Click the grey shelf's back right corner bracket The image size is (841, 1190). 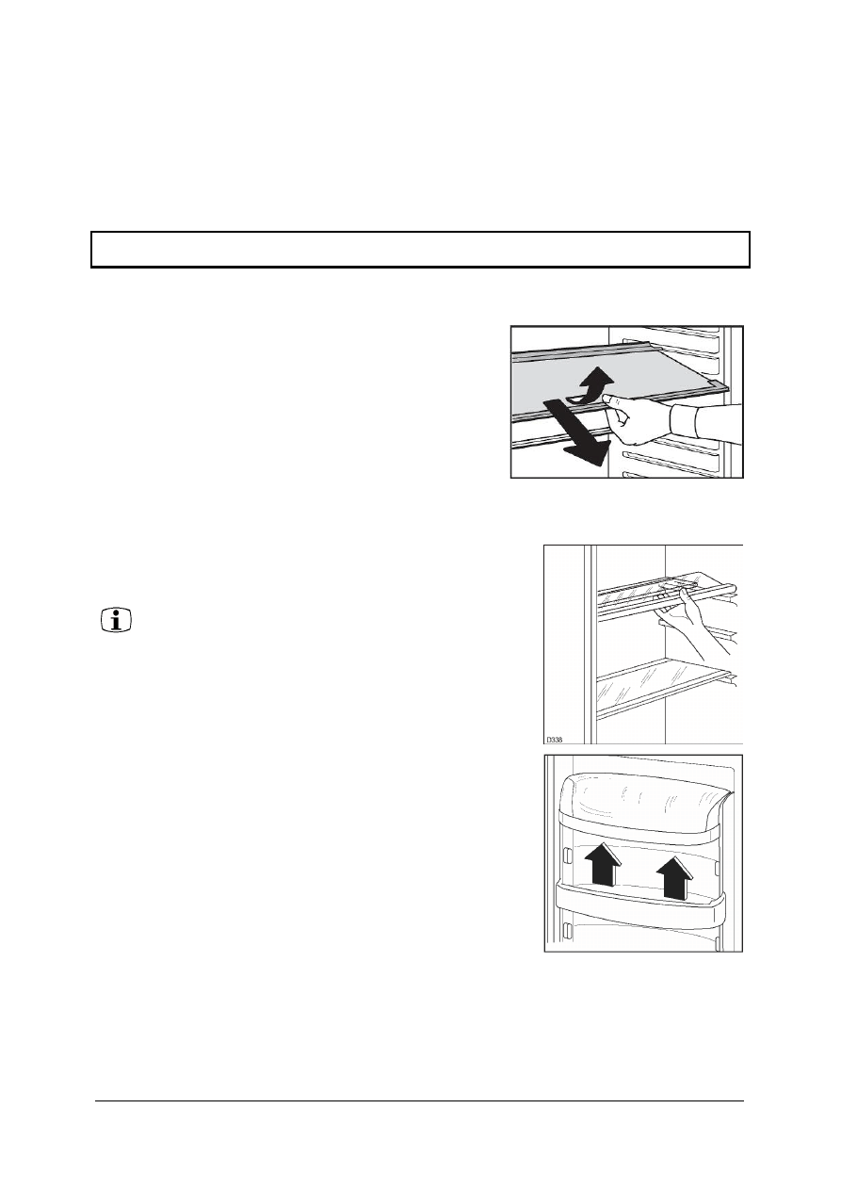coord(719,386)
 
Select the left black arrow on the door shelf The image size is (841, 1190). coord(606,864)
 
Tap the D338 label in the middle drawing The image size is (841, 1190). coord(555,740)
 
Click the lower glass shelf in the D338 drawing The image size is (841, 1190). coord(664,687)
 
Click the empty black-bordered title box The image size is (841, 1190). coord(420,249)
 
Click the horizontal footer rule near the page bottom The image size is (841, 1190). coord(419,1100)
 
